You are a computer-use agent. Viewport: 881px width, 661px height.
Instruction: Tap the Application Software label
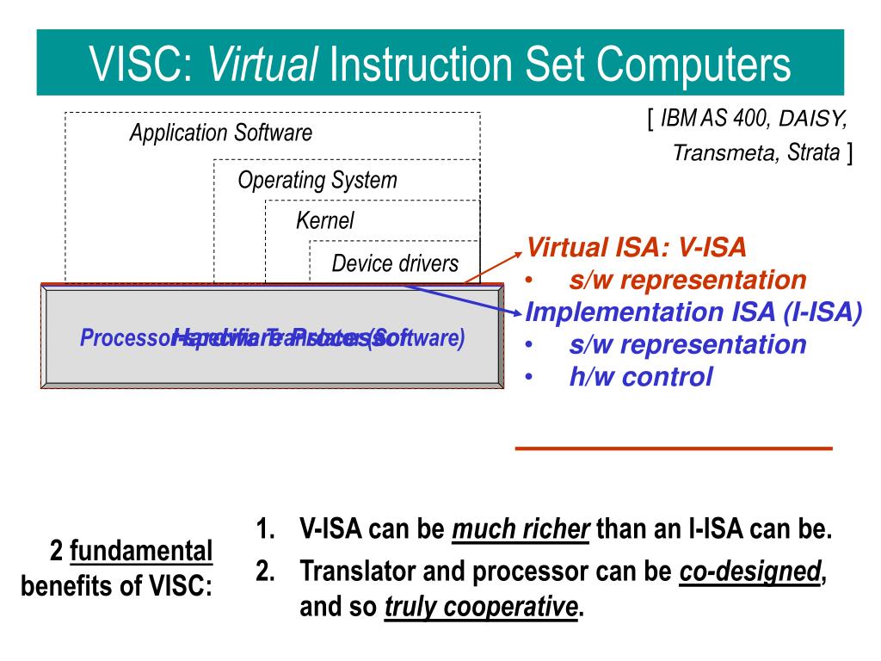(220, 133)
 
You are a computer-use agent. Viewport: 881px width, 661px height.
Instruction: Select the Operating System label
(317, 181)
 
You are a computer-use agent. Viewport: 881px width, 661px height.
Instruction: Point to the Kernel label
(325, 220)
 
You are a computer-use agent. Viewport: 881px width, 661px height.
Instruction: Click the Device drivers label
(395, 263)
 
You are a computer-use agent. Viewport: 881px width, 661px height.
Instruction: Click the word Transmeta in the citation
(726, 153)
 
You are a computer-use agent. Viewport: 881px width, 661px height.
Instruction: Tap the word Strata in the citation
(814, 153)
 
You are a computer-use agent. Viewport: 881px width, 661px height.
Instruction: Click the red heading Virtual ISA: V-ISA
(637, 249)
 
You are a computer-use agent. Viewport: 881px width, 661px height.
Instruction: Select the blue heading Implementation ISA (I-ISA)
(693, 312)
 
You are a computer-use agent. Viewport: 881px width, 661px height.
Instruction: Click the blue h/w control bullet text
(640, 376)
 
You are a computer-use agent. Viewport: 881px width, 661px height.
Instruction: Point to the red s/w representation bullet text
(687, 281)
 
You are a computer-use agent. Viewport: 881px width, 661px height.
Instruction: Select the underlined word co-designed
(749, 571)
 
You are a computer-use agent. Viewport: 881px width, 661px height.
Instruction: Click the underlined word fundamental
(141, 550)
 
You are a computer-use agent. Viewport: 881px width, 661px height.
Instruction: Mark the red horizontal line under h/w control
(674, 448)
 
